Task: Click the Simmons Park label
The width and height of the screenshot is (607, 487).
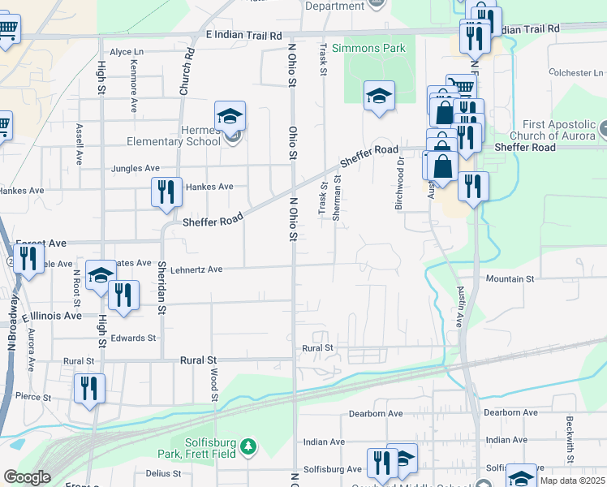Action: [373, 48]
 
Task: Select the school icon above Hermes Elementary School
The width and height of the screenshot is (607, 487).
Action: [230, 115]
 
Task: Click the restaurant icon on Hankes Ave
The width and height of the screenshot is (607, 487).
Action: [166, 192]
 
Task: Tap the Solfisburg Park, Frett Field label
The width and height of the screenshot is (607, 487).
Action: [197, 450]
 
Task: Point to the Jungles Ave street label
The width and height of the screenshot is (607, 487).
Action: [136, 168]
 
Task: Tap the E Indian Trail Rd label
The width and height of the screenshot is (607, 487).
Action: [243, 36]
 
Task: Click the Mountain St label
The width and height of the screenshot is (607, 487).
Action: [510, 278]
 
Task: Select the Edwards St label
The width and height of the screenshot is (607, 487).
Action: [134, 338]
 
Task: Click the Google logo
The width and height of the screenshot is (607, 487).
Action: [28, 476]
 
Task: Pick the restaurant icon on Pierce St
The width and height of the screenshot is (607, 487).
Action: [89, 388]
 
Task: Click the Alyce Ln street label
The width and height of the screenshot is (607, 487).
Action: [127, 52]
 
